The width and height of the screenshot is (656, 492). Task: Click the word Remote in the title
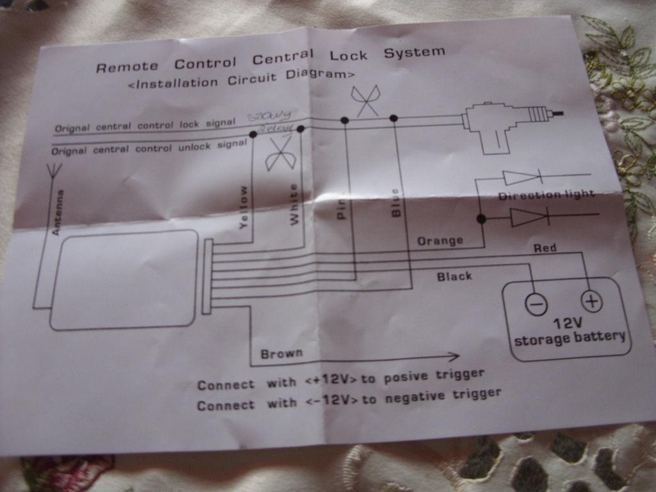[x=127, y=66]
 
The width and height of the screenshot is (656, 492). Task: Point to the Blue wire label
[x=395, y=202]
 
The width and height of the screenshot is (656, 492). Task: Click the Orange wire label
[x=440, y=241]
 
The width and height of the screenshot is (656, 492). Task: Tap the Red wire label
[x=545, y=247]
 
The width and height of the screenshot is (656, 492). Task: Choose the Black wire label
[x=454, y=276]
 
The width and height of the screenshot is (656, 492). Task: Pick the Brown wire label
[x=281, y=353]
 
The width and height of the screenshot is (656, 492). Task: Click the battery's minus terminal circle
[x=536, y=304]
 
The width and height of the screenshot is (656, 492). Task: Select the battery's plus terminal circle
[x=591, y=300]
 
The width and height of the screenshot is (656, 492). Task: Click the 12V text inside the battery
[x=567, y=324]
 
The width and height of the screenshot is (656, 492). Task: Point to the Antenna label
[x=56, y=212]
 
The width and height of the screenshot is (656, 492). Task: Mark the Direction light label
[x=546, y=194]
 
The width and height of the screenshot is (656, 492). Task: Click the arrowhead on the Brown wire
[x=454, y=356]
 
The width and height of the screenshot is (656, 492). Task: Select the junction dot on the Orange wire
[x=481, y=218]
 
